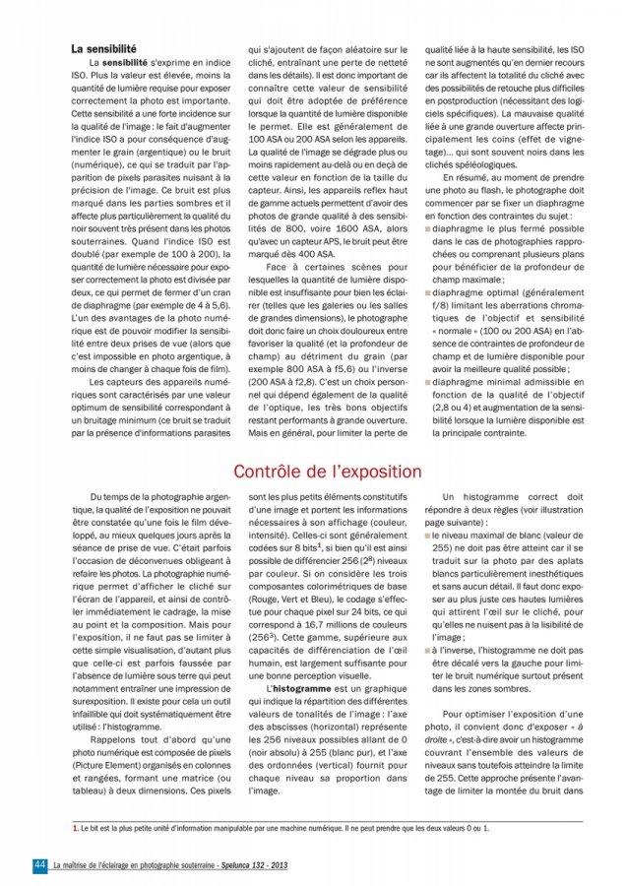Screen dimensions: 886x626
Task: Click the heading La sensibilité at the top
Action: (x=103, y=47)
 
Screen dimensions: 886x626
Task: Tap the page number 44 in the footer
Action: (x=40, y=864)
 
